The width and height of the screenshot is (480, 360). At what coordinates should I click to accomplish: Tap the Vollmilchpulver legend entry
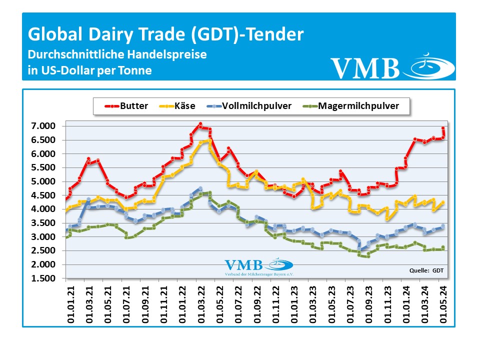255,106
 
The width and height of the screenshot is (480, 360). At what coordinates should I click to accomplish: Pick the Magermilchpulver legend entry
357,106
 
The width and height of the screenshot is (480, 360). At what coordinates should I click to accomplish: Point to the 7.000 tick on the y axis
44,126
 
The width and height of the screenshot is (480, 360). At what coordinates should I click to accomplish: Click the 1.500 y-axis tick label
44,278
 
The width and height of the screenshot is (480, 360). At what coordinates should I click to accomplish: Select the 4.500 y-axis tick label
44,195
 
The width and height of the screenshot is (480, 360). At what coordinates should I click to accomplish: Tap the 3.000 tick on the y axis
44,237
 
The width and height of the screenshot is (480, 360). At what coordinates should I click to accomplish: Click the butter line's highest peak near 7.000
200,124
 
